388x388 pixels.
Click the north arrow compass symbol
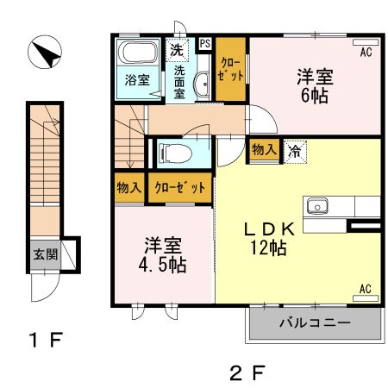45,52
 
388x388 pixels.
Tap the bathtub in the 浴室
138,52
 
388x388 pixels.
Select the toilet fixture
176,153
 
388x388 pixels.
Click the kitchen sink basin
317,206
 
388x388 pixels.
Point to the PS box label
205,44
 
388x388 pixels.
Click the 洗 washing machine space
177,50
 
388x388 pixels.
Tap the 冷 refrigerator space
295,152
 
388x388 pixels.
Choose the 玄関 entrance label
46,254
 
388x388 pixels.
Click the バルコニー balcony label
315,322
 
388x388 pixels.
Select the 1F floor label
46,340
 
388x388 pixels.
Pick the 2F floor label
247,372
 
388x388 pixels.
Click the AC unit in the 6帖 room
366,42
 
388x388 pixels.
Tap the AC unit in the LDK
366,298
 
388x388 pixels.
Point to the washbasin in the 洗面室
202,84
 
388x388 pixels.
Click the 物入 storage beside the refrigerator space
265,150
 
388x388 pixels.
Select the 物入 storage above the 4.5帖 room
129,188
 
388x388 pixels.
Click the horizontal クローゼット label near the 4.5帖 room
180,188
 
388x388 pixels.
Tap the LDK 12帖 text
269,239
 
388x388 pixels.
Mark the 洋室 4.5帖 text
163,255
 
